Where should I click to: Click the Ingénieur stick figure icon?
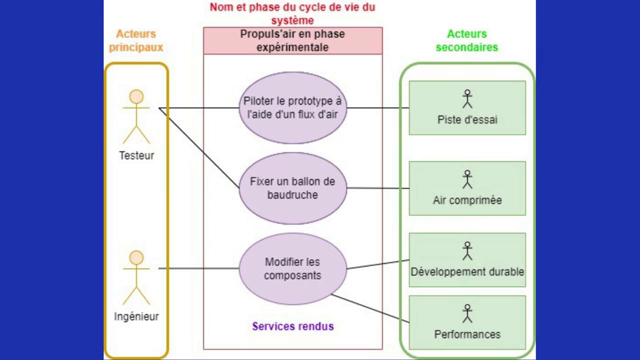click(x=136, y=278)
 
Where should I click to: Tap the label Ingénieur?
click(x=136, y=318)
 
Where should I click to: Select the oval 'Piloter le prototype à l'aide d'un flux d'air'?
click(x=293, y=107)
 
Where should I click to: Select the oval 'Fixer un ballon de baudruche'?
click(x=293, y=187)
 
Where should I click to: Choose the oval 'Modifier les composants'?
click(x=293, y=267)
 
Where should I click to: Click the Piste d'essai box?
click(x=467, y=107)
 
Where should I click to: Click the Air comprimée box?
click(x=467, y=187)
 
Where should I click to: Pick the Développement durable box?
click(x=467, y=259)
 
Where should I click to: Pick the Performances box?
click(x=467, y=322)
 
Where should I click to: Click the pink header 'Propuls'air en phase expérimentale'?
click(x=293, y=40)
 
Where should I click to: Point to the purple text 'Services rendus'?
click(x=293, y=326)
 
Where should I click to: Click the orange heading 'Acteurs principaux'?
click(x=135, y=40)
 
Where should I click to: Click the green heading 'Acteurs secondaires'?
click(x=467, y=40)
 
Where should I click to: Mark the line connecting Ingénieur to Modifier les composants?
click(x=200, y=268)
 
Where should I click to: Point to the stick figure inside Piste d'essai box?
click(x=467, y=98)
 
